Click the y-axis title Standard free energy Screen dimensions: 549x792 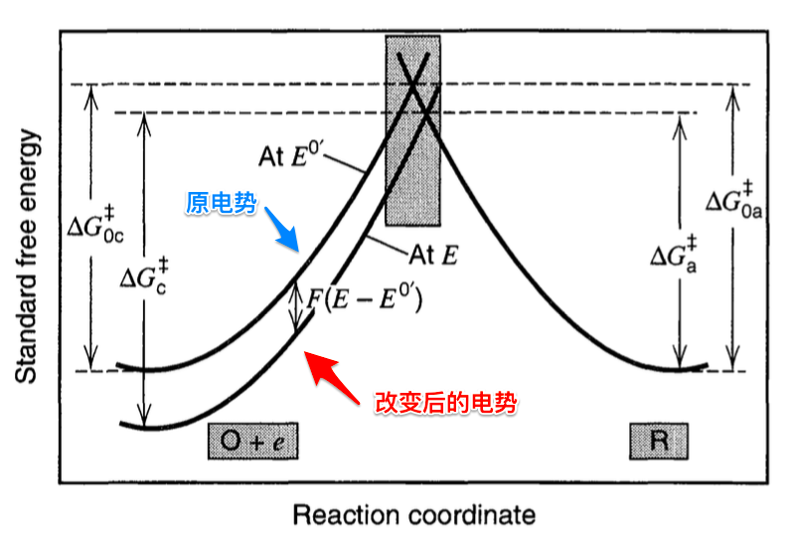click(27, 257)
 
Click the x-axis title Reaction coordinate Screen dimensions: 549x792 click(414, 515)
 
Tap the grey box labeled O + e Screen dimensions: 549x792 click(252, 441)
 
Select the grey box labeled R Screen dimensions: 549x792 click(658, 441)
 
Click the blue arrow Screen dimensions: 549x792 click(285, 235)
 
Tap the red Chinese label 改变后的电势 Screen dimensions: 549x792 click(447, 403)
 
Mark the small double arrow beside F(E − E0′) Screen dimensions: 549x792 click(295, 305)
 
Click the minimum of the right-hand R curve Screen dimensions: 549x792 click(680, 369)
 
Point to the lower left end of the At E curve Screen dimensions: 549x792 click(122, 425)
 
